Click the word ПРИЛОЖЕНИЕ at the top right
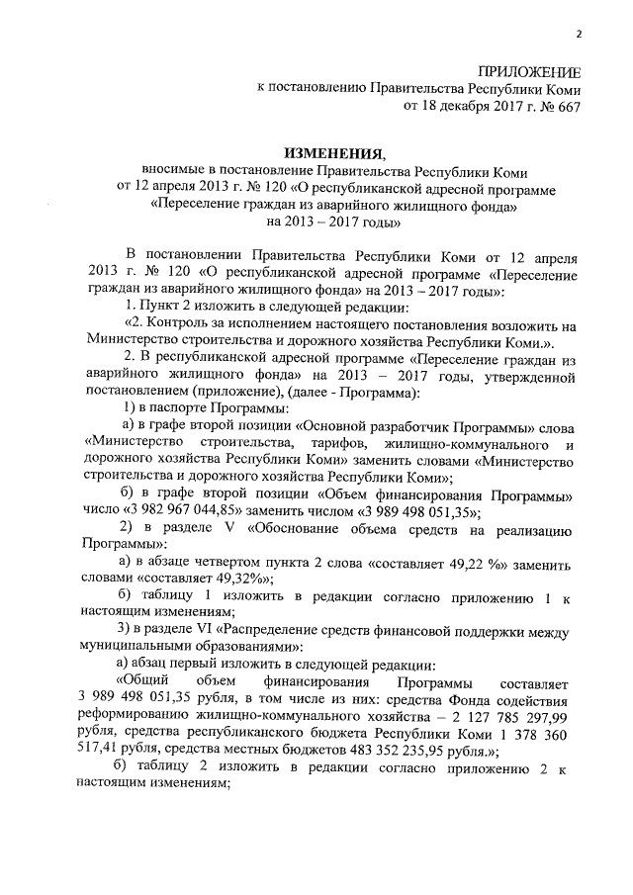point(529,72)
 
